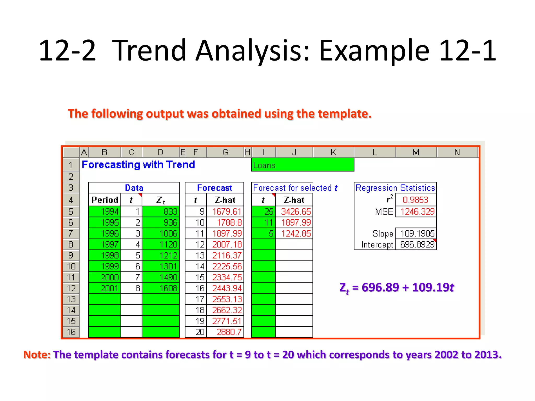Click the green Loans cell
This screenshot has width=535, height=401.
[x=303, y=165]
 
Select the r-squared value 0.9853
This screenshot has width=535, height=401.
[x=415, y=200]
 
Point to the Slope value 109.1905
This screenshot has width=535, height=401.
[x=417, y=233]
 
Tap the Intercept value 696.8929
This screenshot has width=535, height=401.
[x=417, y=245]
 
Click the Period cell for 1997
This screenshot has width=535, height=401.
[x=105, y=245]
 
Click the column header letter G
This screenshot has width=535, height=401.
[x=225, y=152]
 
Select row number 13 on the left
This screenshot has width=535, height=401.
[x=71, y=299]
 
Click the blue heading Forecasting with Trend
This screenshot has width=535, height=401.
[x=138, y=165]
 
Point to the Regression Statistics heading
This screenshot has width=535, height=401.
[x=395, y=188]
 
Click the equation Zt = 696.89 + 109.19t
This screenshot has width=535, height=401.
[x=397, y=288]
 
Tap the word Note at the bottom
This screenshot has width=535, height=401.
[x=37, y=355]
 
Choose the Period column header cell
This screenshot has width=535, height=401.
[x=105, y=200]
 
